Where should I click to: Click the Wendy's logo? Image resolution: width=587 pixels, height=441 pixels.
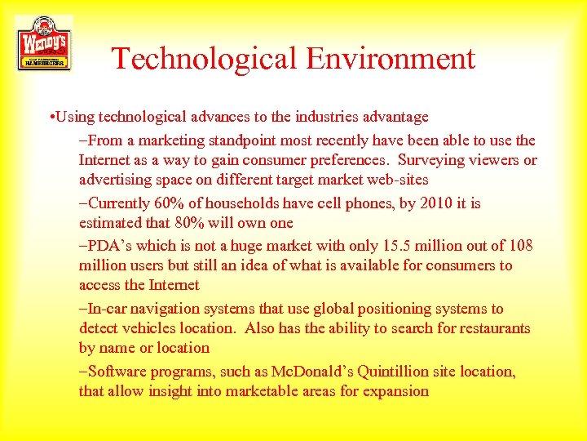coord(44,42)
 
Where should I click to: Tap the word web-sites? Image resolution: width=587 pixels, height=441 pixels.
coord(393,180)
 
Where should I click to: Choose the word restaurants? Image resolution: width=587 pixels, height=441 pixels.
coord(488,328)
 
